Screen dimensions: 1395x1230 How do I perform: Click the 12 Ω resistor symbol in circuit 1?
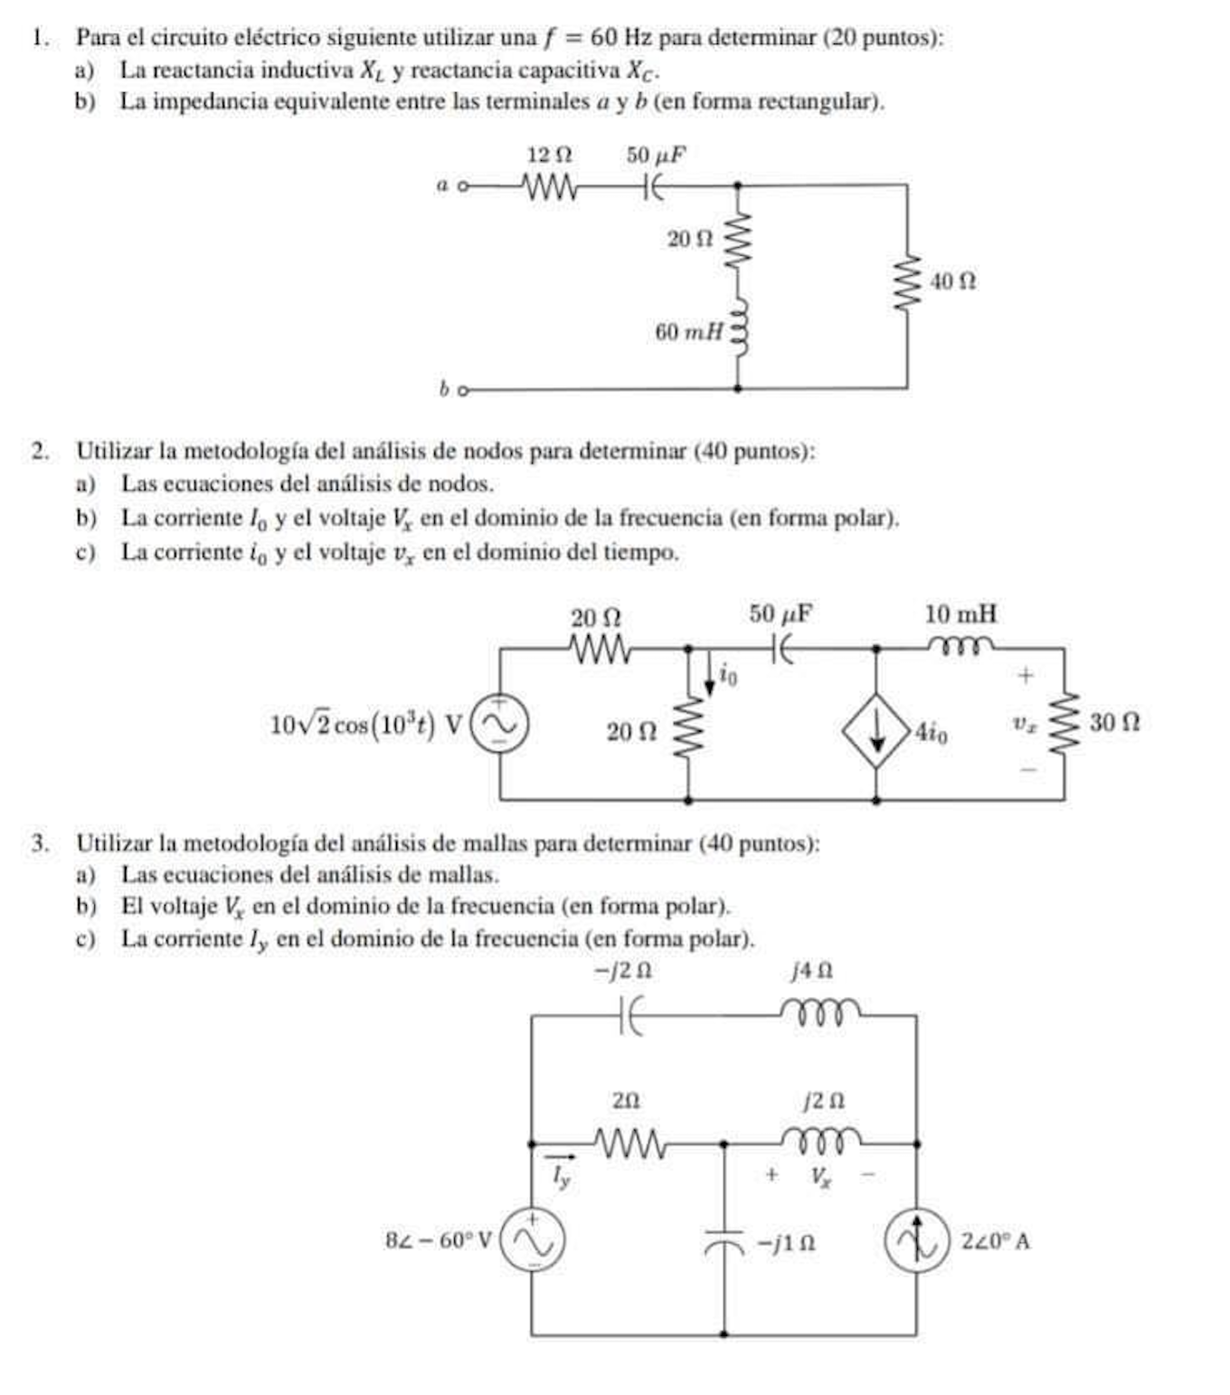point(549,187)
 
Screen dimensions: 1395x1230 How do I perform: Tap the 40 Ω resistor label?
point(953,281)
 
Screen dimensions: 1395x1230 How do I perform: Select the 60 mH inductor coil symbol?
point(740,331)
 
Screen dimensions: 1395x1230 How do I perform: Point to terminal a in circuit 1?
point(463,186)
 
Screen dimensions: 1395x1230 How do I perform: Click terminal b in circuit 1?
point(463,391)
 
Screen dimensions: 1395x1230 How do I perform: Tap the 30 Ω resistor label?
point(1114,722)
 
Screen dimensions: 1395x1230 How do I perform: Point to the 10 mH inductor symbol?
point(961,647)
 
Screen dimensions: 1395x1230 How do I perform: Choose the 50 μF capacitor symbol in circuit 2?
point(782,648)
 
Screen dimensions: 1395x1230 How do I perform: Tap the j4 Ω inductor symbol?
point(819,1011)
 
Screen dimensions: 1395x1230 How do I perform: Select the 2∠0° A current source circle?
point(916,1240)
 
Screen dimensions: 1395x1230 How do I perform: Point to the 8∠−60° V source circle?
point(532,1240)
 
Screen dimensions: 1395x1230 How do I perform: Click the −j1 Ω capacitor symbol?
point(724,1242)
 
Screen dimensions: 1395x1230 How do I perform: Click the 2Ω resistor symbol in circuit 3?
point(629,1144)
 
